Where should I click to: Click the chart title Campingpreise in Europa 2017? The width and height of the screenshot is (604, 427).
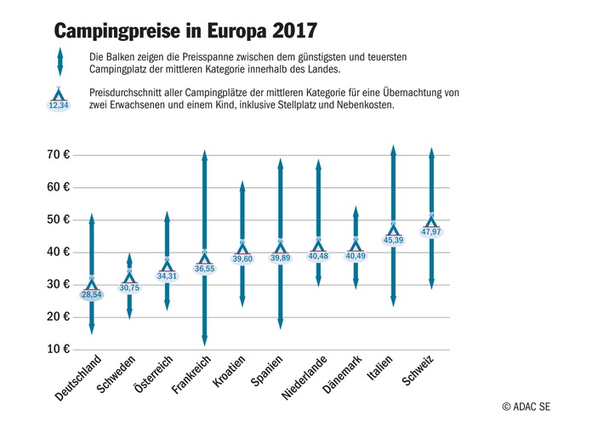tap(185, 31)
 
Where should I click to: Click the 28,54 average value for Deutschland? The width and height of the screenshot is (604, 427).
tap(92, 294)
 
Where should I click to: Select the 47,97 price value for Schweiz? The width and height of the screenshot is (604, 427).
tap(431, 231)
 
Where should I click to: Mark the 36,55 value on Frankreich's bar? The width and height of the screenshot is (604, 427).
tap(204, 268)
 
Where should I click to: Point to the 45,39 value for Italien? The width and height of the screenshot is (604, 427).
tap(393, 240)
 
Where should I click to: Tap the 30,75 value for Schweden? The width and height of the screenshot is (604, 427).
tap(129, 288)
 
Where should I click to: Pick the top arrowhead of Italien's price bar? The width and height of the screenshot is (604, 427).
tap(393, 151)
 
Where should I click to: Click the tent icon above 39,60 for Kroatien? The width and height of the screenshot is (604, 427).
tap(242, 247)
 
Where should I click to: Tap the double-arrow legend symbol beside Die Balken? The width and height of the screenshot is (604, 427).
tap(60, 62)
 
